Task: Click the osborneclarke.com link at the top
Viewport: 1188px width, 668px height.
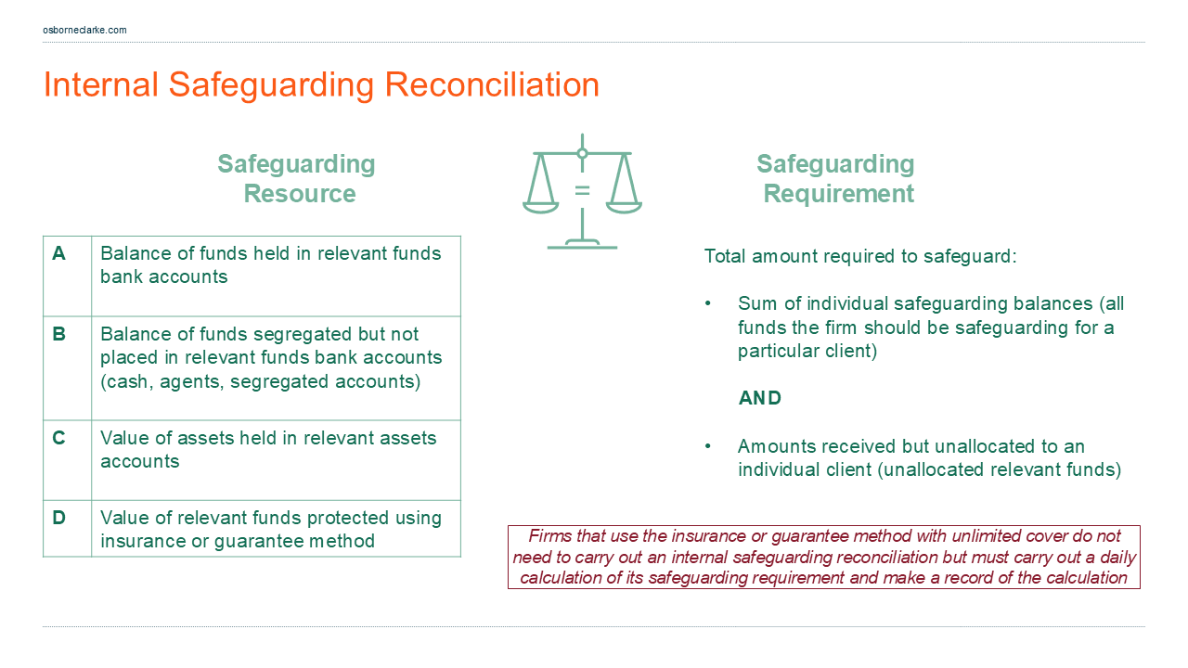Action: [84, 30]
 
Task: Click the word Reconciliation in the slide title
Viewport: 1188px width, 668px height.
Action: [491, 84]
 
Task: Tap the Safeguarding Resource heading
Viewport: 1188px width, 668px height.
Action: [297, 178]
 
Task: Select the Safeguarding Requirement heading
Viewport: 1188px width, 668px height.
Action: [836, 178]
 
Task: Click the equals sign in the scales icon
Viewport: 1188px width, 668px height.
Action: [582, 190]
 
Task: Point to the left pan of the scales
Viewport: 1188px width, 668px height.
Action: [540, 205]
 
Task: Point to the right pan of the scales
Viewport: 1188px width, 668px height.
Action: [624, 205]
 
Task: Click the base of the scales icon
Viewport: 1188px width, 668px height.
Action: [582, 245]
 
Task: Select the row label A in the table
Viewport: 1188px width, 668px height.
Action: [59, 253]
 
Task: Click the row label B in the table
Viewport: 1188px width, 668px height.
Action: [59, 334]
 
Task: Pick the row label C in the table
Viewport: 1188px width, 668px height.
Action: [59, 438]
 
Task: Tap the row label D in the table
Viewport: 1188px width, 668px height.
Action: [59, 518]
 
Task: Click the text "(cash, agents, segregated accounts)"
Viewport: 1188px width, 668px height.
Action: [260, 381]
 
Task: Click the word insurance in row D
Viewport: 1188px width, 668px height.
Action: [145, 541]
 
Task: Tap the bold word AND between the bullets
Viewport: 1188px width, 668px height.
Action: [759, 398]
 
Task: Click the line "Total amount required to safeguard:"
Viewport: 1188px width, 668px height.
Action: [860, 256]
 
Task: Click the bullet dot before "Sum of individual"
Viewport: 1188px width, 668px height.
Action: [709, 304]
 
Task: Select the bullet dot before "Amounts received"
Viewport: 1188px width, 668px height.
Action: [709, 446]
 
